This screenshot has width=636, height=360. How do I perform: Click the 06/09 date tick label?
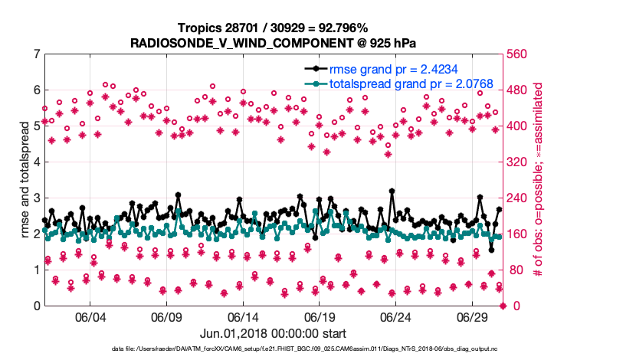point(166,317)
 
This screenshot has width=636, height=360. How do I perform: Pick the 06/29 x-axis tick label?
point(473,317)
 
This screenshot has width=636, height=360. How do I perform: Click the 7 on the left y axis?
point(36,54)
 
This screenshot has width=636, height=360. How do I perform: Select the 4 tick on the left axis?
point(36,162)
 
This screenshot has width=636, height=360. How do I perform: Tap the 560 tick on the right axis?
point(520,54)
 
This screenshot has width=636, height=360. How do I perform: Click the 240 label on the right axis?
point(520,198)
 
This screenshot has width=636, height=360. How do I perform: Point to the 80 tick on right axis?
point(516,270)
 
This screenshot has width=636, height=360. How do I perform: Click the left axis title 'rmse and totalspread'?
point(23,180)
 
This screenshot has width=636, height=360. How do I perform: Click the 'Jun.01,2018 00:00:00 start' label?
point(273,334)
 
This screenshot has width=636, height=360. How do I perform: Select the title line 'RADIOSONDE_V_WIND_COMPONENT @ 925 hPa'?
point(274,41)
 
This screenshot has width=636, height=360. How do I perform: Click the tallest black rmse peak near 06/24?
point(392,191)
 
